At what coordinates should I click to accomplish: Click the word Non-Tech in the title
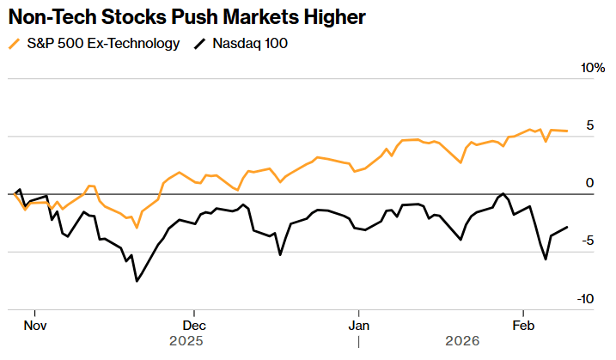pyautogui.click(x=49, y=16)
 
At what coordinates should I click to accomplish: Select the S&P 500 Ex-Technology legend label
pyautogui.click(x=104, y=43)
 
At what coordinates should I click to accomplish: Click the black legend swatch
pyautogui.click(x=200, y=43)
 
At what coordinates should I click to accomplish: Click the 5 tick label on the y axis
pyautogui.click(x=589, y=125)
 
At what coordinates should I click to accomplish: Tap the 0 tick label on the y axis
pyautogui.click(x=589, y=183)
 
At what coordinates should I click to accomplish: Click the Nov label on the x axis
pyautogui.click(x=34, y=326)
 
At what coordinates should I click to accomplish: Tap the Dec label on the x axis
pyautogui.click(x=194, y=326)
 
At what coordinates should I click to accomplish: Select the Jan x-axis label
pyautogui.click(x=359, y=326)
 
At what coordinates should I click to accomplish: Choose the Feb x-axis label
pyautogui.click(x=523, y=326)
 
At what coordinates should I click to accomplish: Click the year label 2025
pyautogui.click(x=186, y=341)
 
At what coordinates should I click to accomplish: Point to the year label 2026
pyautogui.click(x=462, y=341)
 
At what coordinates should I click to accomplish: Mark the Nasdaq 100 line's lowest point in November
pyautogui.click(x=137, y=281)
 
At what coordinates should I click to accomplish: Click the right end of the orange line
pyautogui.click(x=567, y=131)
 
